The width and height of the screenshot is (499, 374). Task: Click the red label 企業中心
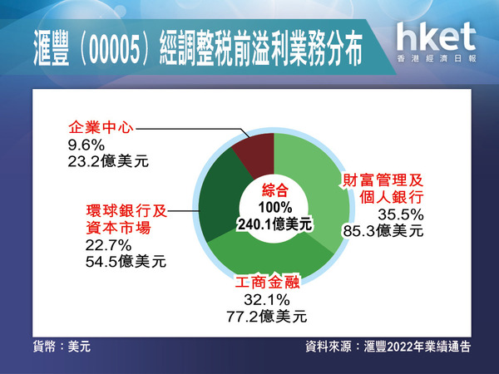pyautogui.click(x=101, y=127)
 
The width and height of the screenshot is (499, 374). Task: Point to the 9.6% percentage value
pyautogui.click(x=86, y=145)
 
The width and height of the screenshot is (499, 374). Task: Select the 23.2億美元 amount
pyautogui.click(x=108, y=161)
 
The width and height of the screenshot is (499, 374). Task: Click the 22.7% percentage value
pyautogui.click(x=108, y=245)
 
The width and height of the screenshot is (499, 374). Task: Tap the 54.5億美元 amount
pyautogui.click(x=126, y=262)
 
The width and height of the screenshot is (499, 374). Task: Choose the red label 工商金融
pyautogui.click(x=267, y=282)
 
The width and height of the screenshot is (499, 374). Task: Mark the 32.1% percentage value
pyautogui.click(x=267, y=300)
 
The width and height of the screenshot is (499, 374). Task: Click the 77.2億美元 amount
pyautogui.click(x=267, y=317)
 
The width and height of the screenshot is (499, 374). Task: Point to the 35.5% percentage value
pyautogui.click(x=401, y=214)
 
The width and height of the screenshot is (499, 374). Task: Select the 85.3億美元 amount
pyautogui.click(x=383, y=231)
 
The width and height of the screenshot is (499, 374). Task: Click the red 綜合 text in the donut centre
pyautogui.click(x=275, y=191)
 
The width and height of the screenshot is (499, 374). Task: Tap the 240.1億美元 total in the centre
pyautogui.click(x=275, y=224)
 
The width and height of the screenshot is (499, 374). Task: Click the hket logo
pyautogui.click(x=437, y=42)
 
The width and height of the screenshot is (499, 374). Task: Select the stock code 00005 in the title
pyautogui.click(x=115, y=50)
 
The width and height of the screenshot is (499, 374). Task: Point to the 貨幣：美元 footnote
pyautogui.click(x=62, y=347)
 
